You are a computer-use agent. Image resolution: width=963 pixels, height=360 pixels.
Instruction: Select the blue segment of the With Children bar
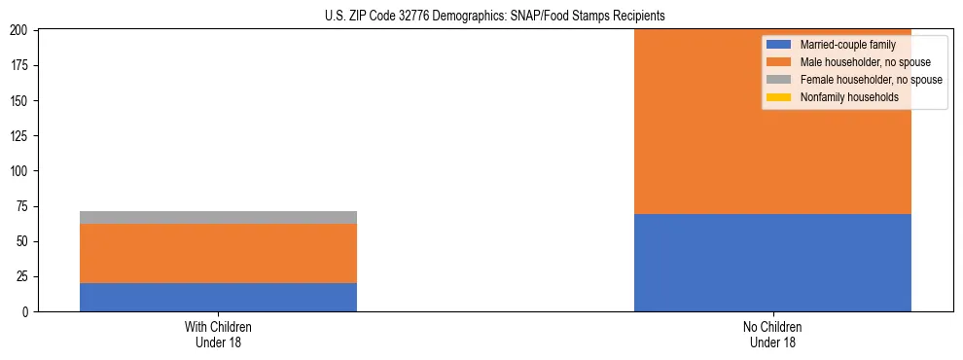pos(218,297)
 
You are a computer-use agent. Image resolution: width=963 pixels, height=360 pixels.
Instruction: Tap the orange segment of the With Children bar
pos(218,254)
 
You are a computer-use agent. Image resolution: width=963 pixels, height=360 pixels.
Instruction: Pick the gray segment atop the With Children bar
pos(218,218)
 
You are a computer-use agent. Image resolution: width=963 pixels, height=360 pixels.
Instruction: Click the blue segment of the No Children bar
pos(772,263)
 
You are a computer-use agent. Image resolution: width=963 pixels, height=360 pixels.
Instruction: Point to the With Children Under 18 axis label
pos(218,334)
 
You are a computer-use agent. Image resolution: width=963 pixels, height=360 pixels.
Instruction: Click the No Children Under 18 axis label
pos(772,334)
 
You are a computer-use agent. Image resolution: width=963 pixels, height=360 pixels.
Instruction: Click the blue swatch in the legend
pos(778,45)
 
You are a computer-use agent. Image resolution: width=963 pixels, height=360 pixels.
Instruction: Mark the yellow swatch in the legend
pos(778,97)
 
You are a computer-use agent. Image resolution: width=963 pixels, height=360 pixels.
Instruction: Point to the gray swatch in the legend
pos(778,80)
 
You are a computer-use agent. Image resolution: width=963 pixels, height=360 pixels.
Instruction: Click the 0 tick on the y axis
pos(28,311)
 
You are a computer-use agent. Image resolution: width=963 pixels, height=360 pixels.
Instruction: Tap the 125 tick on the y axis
pos(22,136)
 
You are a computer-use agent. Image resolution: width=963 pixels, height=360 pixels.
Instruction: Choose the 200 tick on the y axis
pos(22,31)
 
